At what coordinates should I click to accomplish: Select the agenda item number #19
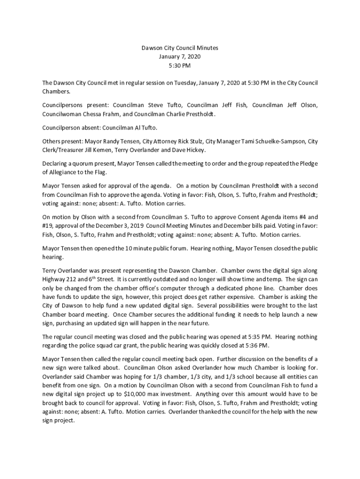(x=49, y=226)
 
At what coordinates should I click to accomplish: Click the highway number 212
(x=73, y=280)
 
